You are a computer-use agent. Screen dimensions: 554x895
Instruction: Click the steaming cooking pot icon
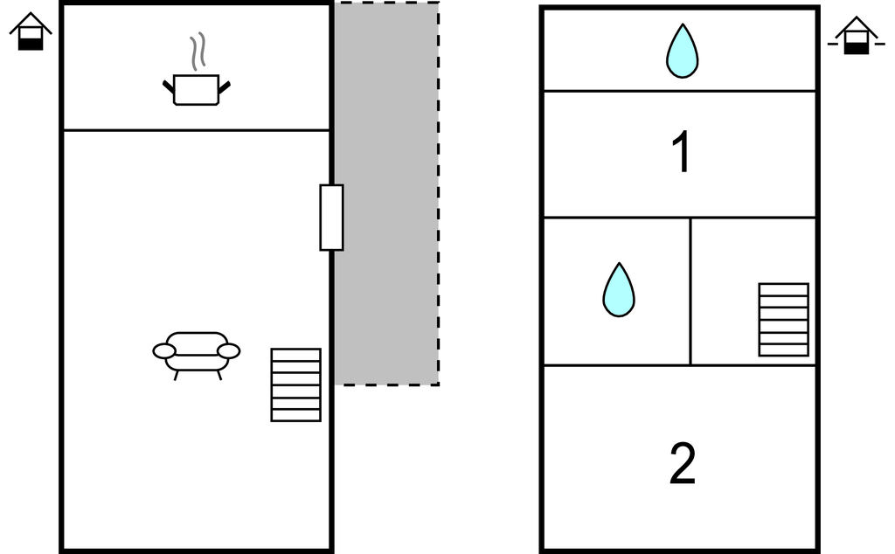point(196,89)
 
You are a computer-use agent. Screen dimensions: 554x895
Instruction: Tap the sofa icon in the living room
point(196,352)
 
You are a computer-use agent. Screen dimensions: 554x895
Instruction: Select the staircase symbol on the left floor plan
point(295,384)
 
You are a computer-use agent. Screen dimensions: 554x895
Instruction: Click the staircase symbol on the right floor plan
point(783,319)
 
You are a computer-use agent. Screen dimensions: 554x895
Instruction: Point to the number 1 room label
point(681,153)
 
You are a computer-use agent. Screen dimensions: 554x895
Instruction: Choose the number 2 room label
point(682,464)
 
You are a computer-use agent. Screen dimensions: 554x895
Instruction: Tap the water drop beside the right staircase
point(618,290)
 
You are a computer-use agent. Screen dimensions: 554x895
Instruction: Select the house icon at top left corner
point(31,31)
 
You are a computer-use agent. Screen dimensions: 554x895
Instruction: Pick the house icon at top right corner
point(856,37)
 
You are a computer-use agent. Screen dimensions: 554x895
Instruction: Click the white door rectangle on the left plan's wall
point(331,218)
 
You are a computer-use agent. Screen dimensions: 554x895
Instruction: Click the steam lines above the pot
point(198,51)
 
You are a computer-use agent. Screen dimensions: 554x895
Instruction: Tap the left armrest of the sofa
point(164,351)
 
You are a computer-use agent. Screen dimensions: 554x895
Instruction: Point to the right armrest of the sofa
point(228,351)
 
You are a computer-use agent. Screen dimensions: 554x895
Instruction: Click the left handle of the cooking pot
point(168,86)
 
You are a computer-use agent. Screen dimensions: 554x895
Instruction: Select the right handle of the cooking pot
point(225,86)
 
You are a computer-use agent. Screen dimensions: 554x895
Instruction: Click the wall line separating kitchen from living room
point(196,130)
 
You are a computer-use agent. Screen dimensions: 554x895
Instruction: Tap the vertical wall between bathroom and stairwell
point(690,291)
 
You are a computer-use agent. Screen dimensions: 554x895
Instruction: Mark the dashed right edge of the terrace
point(438,192)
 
